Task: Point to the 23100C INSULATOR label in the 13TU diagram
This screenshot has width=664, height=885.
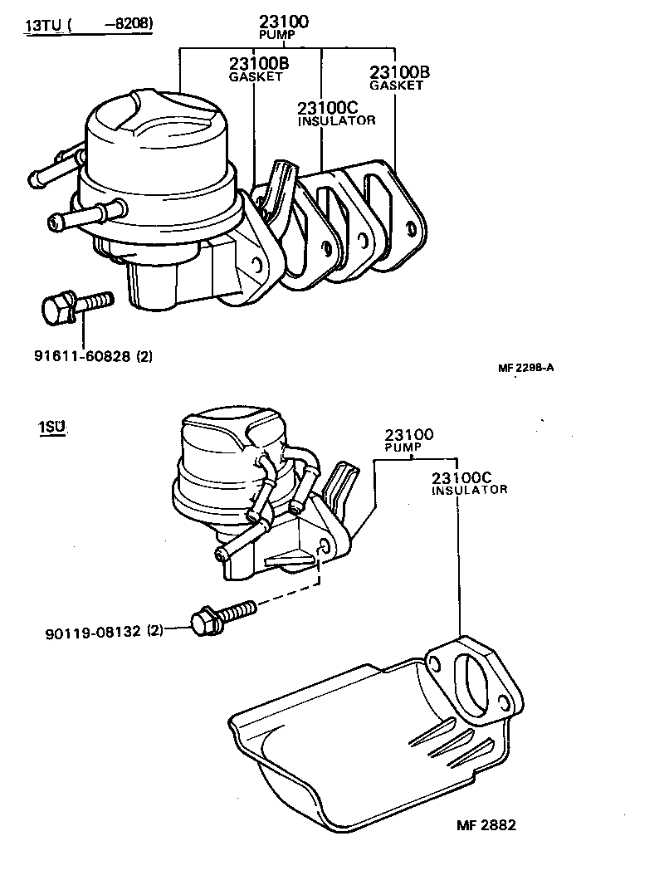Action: [336, 113]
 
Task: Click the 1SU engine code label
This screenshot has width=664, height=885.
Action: [51, 428]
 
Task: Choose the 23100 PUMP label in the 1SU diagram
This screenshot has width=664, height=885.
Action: [408, 439]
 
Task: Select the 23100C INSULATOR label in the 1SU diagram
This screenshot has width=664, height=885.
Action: [469, 483]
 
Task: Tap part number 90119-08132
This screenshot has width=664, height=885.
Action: [92, 631]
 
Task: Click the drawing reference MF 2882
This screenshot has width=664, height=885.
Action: [486, 825]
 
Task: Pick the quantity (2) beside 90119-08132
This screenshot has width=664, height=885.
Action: [155, 631]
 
